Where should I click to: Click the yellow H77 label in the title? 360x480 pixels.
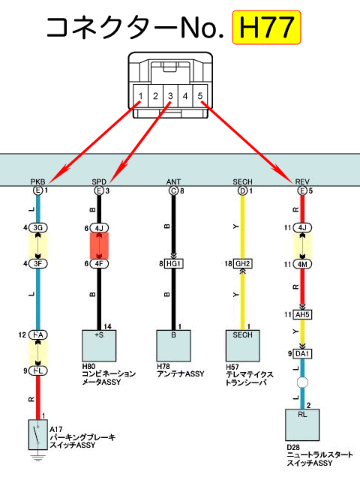pos(266,27)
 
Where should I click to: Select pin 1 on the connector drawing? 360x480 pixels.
pos(140,96)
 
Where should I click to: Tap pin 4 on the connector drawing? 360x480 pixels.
pos(185,96)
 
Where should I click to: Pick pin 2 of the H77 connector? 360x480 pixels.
pos(155,96)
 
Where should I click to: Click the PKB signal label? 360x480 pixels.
pos(38,181)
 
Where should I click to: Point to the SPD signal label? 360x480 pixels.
pos(99,181)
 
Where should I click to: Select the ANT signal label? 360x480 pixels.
pos(173,181)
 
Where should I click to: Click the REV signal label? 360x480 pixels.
pos(302,181)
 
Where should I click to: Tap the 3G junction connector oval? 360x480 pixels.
pos(38,228)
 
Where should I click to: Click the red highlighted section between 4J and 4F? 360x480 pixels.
pos(99,245)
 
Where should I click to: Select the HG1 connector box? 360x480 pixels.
pos(174,263)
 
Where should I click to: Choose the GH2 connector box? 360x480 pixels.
pos(243,263)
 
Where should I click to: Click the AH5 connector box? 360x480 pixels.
pos(302,315)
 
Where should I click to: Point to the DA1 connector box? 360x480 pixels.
pos(302,354)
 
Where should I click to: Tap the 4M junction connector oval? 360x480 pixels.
pos(302,264)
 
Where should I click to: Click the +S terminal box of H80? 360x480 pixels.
pos(99,346)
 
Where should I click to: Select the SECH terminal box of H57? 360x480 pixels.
pos(243,346)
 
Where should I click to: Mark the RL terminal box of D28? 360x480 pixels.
pos(302,425)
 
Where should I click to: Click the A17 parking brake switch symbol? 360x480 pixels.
pos(38,435)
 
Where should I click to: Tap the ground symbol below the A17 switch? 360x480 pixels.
pos(38,457)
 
